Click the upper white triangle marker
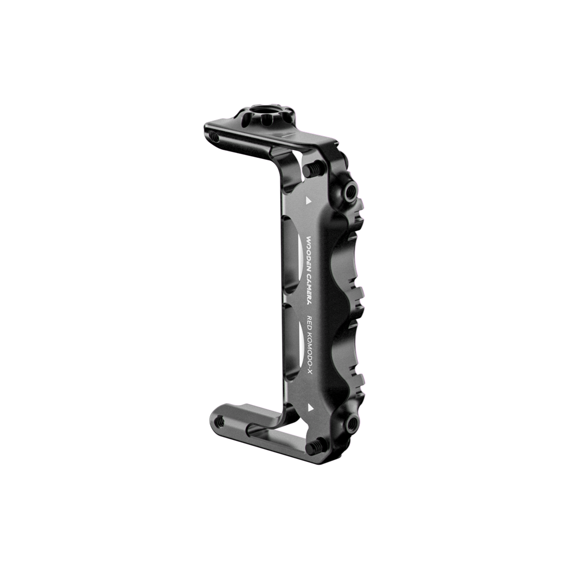308,199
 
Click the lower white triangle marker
310,408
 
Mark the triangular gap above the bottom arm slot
290,422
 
